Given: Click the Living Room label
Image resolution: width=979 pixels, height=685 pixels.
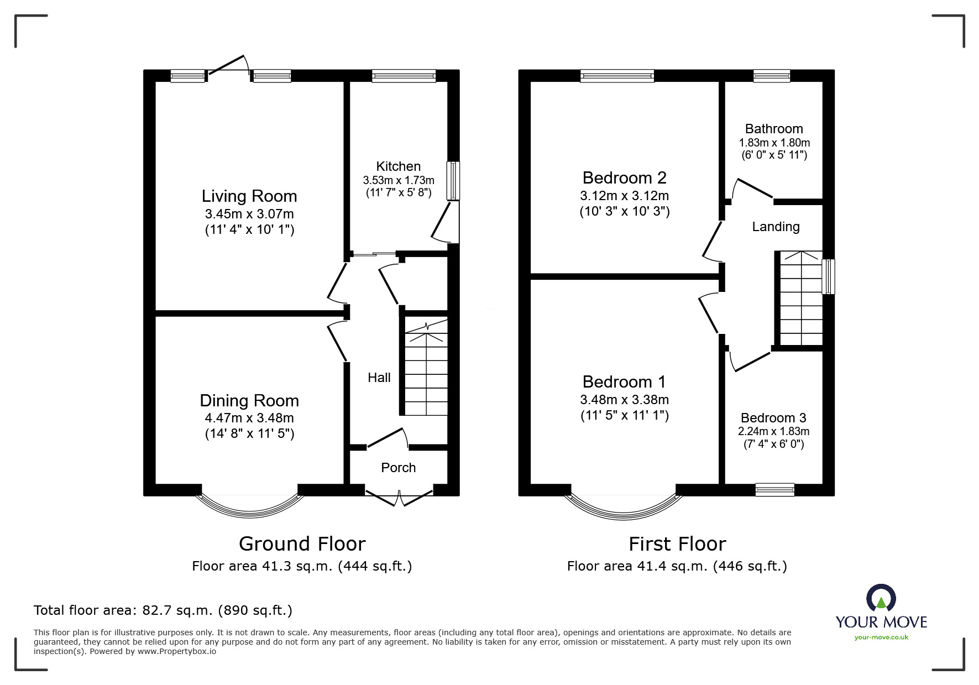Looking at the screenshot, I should (x=249, y=196).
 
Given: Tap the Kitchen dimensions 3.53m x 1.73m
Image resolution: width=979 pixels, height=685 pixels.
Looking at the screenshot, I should (x=398, y=180).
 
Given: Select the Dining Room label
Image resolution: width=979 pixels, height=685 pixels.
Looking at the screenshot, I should (x=249, y=400).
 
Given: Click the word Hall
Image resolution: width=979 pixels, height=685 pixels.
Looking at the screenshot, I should (x=379, y=378).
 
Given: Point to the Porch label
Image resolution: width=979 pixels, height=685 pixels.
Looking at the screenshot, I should (x=398, y=468).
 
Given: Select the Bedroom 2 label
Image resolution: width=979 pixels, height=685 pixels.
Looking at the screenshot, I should (x=624, y=178).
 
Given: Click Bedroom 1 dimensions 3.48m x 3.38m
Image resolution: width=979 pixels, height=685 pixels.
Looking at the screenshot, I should (x=624, y=400).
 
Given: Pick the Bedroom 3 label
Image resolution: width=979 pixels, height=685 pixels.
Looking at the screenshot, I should (x=773, y=418).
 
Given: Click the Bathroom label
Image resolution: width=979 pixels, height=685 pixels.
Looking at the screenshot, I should (x=774, y=129).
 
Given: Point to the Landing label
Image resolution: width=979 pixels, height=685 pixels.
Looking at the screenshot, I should (x=776, y=227).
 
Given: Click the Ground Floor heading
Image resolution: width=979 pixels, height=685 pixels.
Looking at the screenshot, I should (x=302, y=544).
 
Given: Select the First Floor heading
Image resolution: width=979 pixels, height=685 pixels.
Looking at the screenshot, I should (x=677, y=544).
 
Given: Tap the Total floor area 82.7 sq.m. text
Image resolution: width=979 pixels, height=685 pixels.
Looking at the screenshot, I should (x=163, y=610).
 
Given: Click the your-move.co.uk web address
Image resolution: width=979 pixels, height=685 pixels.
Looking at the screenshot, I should (x=881, y=637).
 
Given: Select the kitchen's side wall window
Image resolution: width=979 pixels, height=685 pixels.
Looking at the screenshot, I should (x=453, y=180).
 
